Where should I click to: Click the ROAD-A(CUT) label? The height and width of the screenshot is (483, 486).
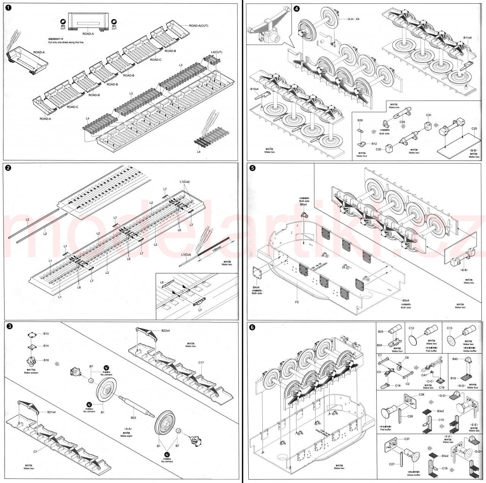point(198,25)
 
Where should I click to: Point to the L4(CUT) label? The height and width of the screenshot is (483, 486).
point(216,52)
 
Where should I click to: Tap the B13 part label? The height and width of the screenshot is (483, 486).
point(46,334)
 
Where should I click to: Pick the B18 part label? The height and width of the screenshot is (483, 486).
point(46,360)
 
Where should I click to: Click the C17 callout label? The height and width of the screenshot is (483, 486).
point(201,363)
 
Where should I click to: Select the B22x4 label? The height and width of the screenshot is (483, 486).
point(166,331)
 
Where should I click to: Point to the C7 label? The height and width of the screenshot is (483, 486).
point(35,452)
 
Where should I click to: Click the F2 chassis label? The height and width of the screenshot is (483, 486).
point(297,302)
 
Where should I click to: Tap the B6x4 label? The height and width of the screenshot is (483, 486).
point(303,204)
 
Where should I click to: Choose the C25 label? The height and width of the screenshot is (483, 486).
point(474,129)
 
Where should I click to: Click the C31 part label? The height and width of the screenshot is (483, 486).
point(429,115)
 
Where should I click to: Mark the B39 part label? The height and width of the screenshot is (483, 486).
point(360,120)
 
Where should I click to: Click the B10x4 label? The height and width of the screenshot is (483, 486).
point(254,89)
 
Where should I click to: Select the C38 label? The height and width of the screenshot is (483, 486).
point(421,395)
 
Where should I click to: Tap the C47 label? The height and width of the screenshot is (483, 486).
point(424,375)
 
